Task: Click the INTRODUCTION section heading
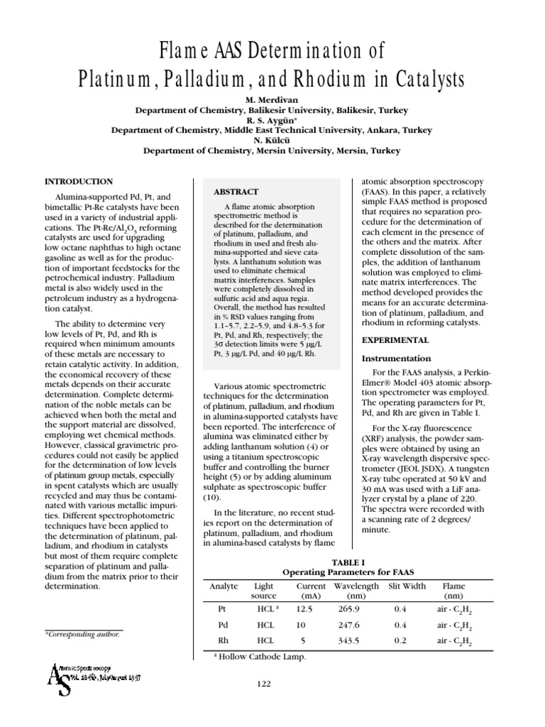pos(79,182)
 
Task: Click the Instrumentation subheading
pos(397,359)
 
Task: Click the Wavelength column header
pos(357,586)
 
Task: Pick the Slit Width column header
pos(407,586)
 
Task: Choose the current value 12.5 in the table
pos(304,608)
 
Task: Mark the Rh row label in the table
pos(222,641)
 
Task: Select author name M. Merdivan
pos(272,100)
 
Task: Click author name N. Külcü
pos(272,141)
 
